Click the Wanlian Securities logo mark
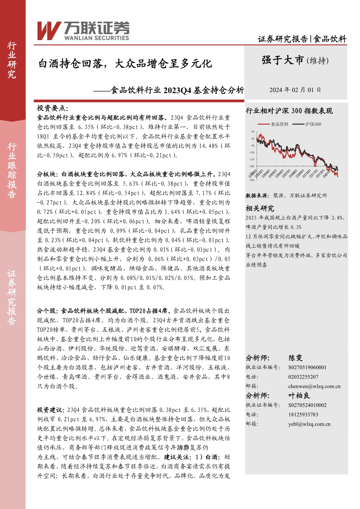[49, 30]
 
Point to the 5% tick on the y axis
[253, 132]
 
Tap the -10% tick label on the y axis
[252, 153]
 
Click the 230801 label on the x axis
[293, 174]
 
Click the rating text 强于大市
[283, 60]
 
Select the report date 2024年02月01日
[295, 90]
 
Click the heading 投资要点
[52, 108]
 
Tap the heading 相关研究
[260, 208]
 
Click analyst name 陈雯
[296, 358]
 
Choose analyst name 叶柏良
[299, 395]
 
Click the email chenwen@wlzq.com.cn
[314, 386]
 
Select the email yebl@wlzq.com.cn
[309, 424]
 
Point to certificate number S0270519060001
[307, 367]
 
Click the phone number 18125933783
[303, 415]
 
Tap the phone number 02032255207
[303, 377]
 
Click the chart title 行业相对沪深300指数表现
[289, 111]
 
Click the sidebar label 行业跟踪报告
[12, 170]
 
